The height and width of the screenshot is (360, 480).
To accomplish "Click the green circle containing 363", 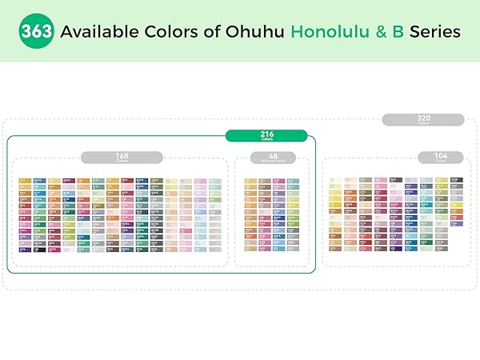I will point(38,32).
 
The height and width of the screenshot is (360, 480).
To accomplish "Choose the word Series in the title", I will point(434,32).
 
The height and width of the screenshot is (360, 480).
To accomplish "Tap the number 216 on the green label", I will point(267,133).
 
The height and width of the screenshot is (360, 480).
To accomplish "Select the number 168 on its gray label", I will point(122,156).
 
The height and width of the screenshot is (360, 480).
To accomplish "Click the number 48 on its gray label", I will point(273,156).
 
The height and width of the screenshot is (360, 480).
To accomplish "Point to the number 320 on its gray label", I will point(423,118).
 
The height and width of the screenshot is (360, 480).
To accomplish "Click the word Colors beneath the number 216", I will point(267,139).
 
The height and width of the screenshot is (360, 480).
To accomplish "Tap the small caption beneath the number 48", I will point(273,162).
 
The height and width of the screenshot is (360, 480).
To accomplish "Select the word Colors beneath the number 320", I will point(423,123).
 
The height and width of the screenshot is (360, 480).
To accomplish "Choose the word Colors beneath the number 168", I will point(122,162).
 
